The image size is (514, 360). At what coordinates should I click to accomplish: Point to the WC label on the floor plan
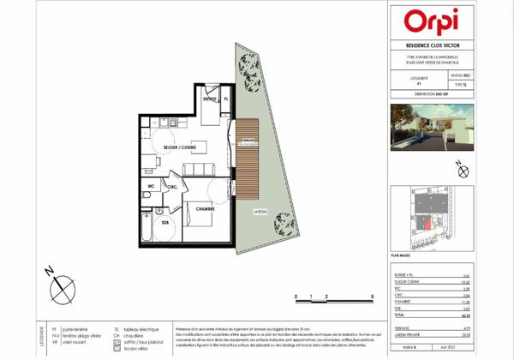[x=150, y=184]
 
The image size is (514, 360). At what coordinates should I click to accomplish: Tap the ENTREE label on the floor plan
[x=210, y=100]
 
